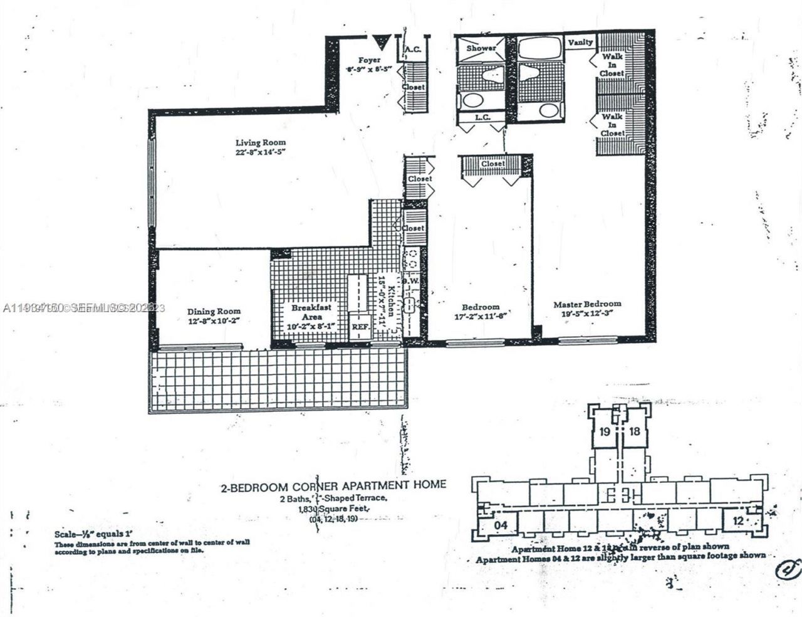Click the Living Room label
click(x=260, y=142)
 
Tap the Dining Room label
click(x=214, y=311)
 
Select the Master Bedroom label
click(x=586, y=304)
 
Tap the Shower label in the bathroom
click(x=481, y=48)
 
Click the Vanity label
click(x=580, y=43)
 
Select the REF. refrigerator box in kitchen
click(x=359, y=327)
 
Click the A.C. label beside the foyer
click(x=412, y=49)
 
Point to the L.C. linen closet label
click(x=481, y=117)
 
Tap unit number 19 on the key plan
click(x=605, y=431)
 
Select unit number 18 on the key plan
click(x=634, y=431)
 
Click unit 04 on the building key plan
click(x=500, y=523)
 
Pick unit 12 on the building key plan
click(x=738, y=520)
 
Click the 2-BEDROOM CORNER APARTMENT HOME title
click(x=333, y=485)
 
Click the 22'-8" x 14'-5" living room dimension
click(x=260, y=152)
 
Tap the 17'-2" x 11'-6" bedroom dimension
click(x=481, y=316)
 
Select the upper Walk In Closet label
click(x=612, y=65)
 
